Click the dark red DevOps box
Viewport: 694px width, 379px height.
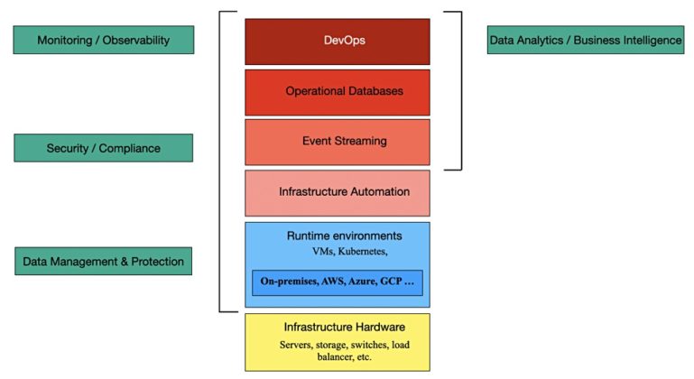pyautogui.click(x=337, y=42)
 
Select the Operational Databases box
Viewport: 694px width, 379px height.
pyautogui.click(x=337, y=91)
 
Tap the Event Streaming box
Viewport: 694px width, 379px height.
pyautogui.click(x=337, y=142)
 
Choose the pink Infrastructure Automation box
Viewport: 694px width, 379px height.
pyautogui.click(x=337, y=192)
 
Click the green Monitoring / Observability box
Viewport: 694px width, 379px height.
pyautogui.click(x=104, y=41)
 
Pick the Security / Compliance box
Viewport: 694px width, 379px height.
pyautogui.click(x=104, y=148)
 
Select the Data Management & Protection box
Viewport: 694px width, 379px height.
pyautogui.click(x=104, y=262)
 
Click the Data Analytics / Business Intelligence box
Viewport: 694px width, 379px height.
pyautogui.click(x=585, y=41)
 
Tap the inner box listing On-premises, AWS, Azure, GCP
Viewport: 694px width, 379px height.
pyautogui.click(x=337, y=282)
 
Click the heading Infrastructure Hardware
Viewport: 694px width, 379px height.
pyautogui.click(x=337, y=326)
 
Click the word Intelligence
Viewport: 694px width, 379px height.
pyautogui.click(x=650, y=41)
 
